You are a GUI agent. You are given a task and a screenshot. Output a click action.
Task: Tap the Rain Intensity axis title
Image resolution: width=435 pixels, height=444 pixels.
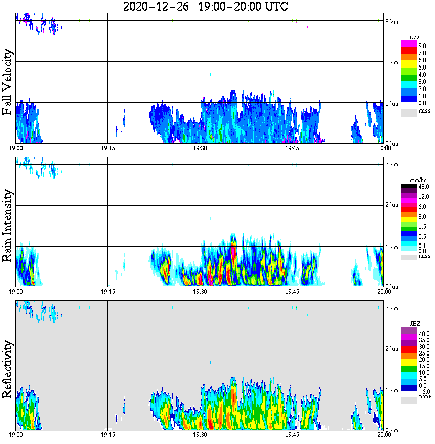point(8,226)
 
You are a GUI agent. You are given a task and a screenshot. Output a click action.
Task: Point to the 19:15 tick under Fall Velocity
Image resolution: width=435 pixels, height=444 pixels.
point(107,148)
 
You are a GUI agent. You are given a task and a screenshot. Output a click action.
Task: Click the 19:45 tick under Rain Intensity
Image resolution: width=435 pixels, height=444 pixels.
point(292,292)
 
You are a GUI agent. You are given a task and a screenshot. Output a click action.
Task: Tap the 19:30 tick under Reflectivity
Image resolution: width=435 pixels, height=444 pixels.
point(200,435)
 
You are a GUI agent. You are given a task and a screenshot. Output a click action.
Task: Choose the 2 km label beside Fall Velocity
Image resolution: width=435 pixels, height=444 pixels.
point(391,62)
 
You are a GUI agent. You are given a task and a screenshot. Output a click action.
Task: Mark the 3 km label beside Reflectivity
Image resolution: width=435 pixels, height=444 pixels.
point(391,308)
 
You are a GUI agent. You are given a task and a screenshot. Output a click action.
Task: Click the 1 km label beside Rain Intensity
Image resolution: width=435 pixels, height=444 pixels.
point(391,247)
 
